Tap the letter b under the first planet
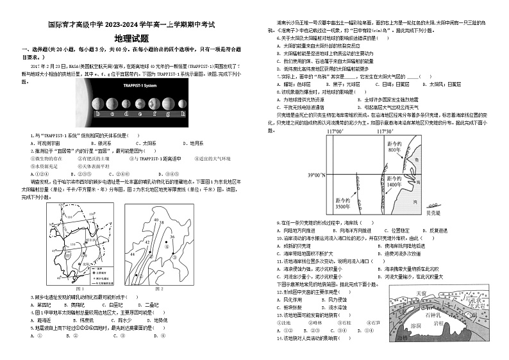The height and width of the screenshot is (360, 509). [97, 116]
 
